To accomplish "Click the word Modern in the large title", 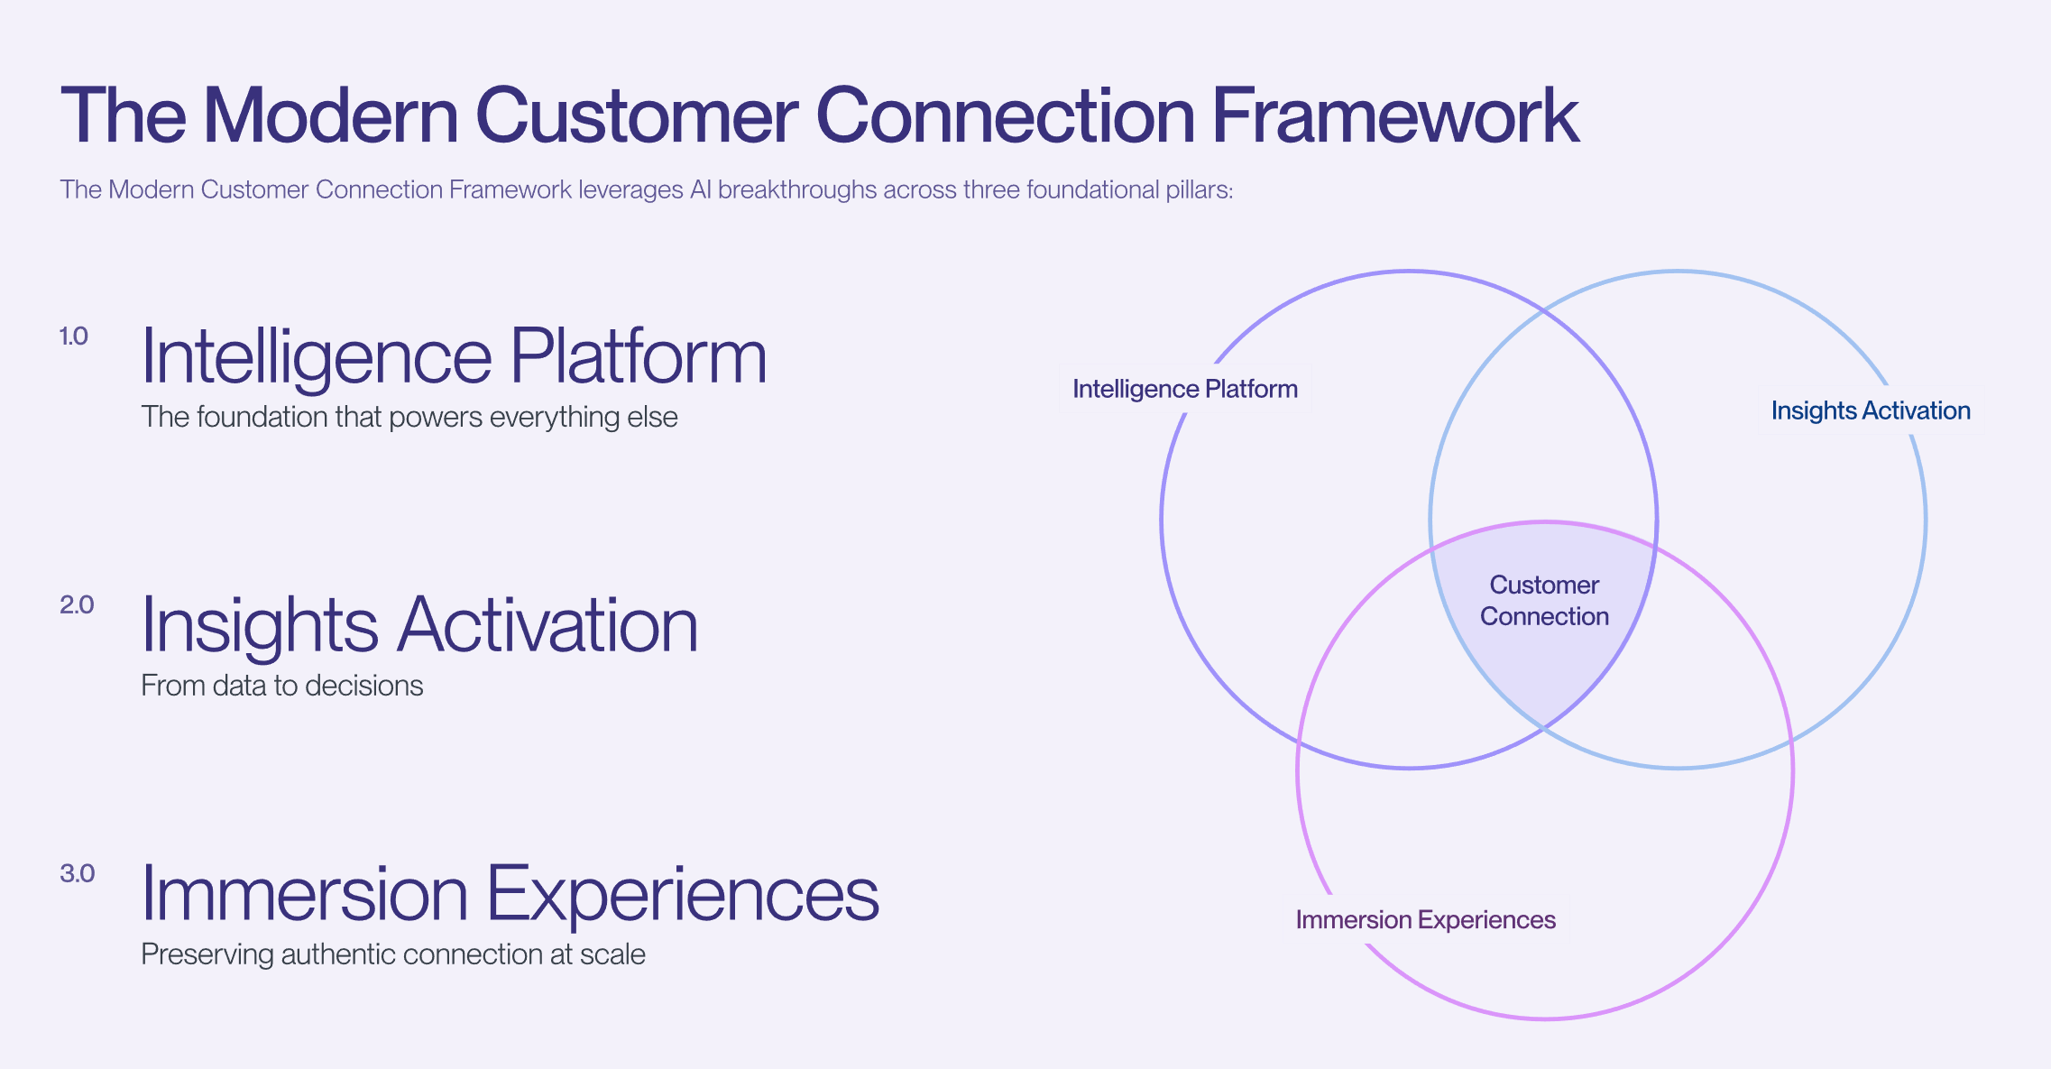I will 331,115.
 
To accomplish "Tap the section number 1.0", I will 74,336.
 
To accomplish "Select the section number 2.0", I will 77,605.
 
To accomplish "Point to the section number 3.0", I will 77,873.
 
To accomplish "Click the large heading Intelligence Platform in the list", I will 454,356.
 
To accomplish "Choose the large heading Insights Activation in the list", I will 419,625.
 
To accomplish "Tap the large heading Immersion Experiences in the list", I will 510,894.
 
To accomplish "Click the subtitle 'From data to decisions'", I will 281,686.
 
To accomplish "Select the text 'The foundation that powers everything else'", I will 409,417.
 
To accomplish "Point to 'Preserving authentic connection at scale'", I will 392,954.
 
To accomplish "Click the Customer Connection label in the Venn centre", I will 1544,601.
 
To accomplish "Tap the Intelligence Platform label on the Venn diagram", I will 1184,389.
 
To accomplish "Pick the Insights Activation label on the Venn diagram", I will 1870,410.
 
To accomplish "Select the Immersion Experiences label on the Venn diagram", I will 1425,920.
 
